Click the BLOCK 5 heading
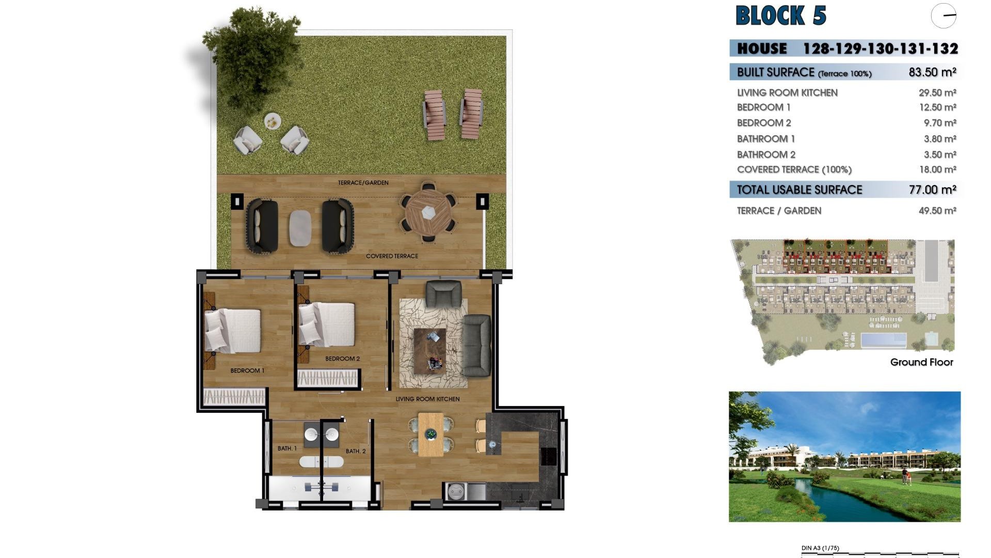click(x=780, y=16)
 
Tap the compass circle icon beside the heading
click(x=944, y=16)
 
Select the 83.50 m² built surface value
click(x=932, y=72)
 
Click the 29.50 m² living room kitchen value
click(x=937, y=92)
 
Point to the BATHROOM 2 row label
click(x=766, y=154)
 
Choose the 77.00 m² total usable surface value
click(x=932, y=190)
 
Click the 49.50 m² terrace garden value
click(x=937, y=211)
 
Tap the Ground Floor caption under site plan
click(x=921, y=362)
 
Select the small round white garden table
click(x=273, y=122)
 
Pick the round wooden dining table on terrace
click(x=428, y=212)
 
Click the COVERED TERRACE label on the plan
click(x=392, y=256)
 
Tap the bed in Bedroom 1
click(x=233, y=331)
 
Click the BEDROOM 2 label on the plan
click(x=342, y=359)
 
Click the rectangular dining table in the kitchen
click(x=430, y=434)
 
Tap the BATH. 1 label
click(x=287, y=448)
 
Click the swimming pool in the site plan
click(x=883, y=340)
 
